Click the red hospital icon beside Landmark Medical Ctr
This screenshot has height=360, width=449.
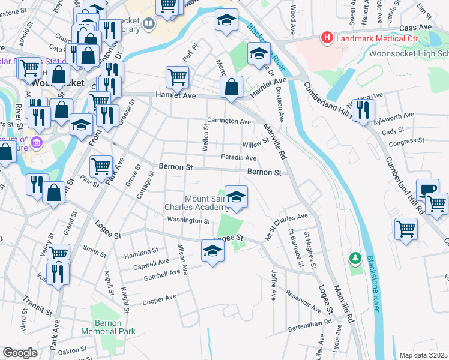pyautogui.click(x=327, y=38)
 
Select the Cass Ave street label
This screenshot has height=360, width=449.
pyautogui.click(x=415, y=28)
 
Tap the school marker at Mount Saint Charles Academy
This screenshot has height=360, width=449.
pyautogui.click(x=236, y=197)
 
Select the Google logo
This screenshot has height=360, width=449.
pyautogui.click(x=20, y=353)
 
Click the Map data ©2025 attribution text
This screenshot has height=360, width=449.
pyautogui.click(x=423, y=355)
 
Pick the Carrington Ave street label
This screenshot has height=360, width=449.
pyautogui.click(x=229, y=121)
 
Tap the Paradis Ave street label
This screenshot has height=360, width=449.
pyautogui.click(x=238, y=158)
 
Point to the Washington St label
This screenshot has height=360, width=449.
pyautogui.click(x=188, y=221)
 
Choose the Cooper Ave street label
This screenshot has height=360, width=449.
pyautogui.click(x=159, y=299)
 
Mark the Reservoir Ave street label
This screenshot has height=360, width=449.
pyautogui.click(x=304, y=299)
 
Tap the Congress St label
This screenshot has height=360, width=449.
pyautogui.click(x=406, y=142)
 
